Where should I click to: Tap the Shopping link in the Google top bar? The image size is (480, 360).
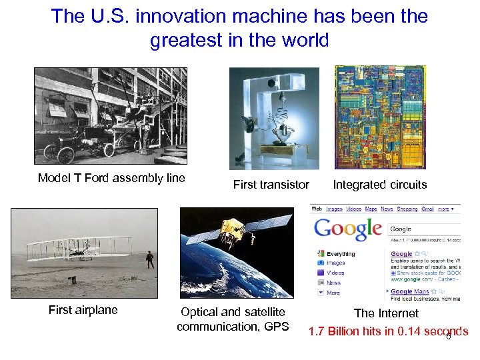point(407,209)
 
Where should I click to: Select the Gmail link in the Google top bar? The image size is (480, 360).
point(427,209)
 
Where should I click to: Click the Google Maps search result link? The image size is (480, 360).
point(410,291)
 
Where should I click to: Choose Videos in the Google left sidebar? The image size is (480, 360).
point(335,273)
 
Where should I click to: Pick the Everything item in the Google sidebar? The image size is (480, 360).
point(341,254)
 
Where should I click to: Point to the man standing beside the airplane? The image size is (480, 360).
point(151,259)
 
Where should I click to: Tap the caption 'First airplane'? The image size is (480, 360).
point(83,310)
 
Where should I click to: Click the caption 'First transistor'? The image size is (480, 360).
point(271,185)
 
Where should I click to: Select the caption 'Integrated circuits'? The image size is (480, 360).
point(380,185)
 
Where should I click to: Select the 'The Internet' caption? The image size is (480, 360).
point(386,313)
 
